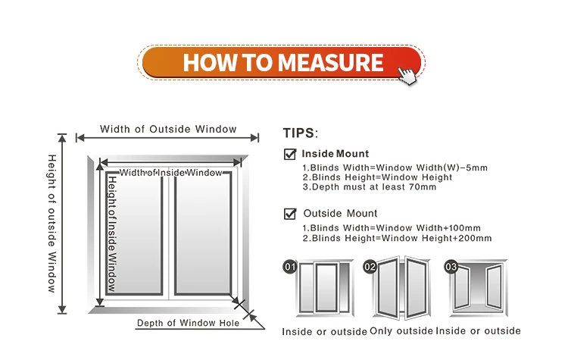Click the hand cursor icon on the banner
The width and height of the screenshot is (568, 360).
407,74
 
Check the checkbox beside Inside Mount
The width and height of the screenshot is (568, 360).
290,154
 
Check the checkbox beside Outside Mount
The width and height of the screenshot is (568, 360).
290,214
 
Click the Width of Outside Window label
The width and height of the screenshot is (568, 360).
168,129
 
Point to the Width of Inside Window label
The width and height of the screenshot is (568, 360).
171,173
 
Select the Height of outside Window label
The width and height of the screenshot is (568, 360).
52,223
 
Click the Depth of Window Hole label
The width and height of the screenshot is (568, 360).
188,324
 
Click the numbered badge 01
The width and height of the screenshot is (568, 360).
289,267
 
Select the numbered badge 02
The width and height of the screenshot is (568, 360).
370,267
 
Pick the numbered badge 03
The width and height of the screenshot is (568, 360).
451,267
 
